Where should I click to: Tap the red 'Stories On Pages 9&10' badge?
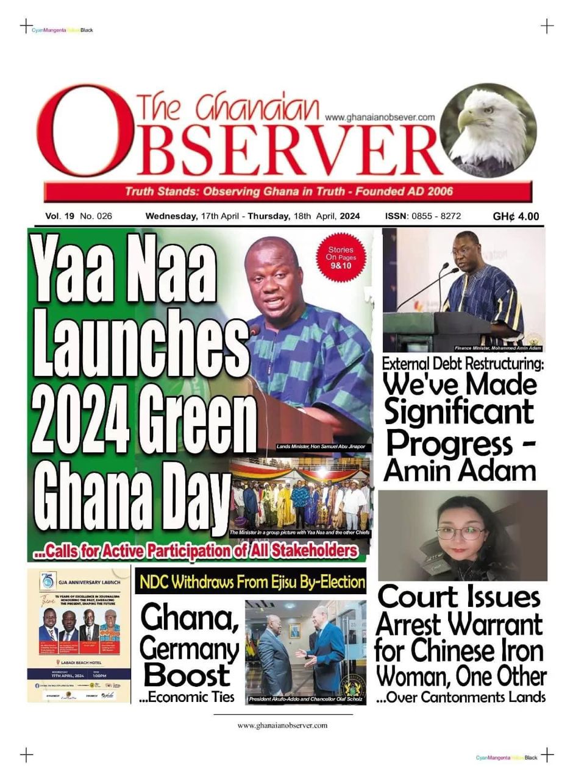341,258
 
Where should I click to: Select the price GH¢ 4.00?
516,216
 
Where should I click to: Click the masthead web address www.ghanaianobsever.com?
380,117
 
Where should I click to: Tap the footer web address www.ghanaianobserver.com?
282,725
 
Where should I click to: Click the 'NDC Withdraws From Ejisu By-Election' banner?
251,581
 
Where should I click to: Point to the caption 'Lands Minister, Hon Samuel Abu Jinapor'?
321,447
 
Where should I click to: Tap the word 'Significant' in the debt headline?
459,412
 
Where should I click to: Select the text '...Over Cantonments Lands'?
461,697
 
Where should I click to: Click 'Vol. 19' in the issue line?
59,216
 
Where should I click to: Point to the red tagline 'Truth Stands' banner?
288,191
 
